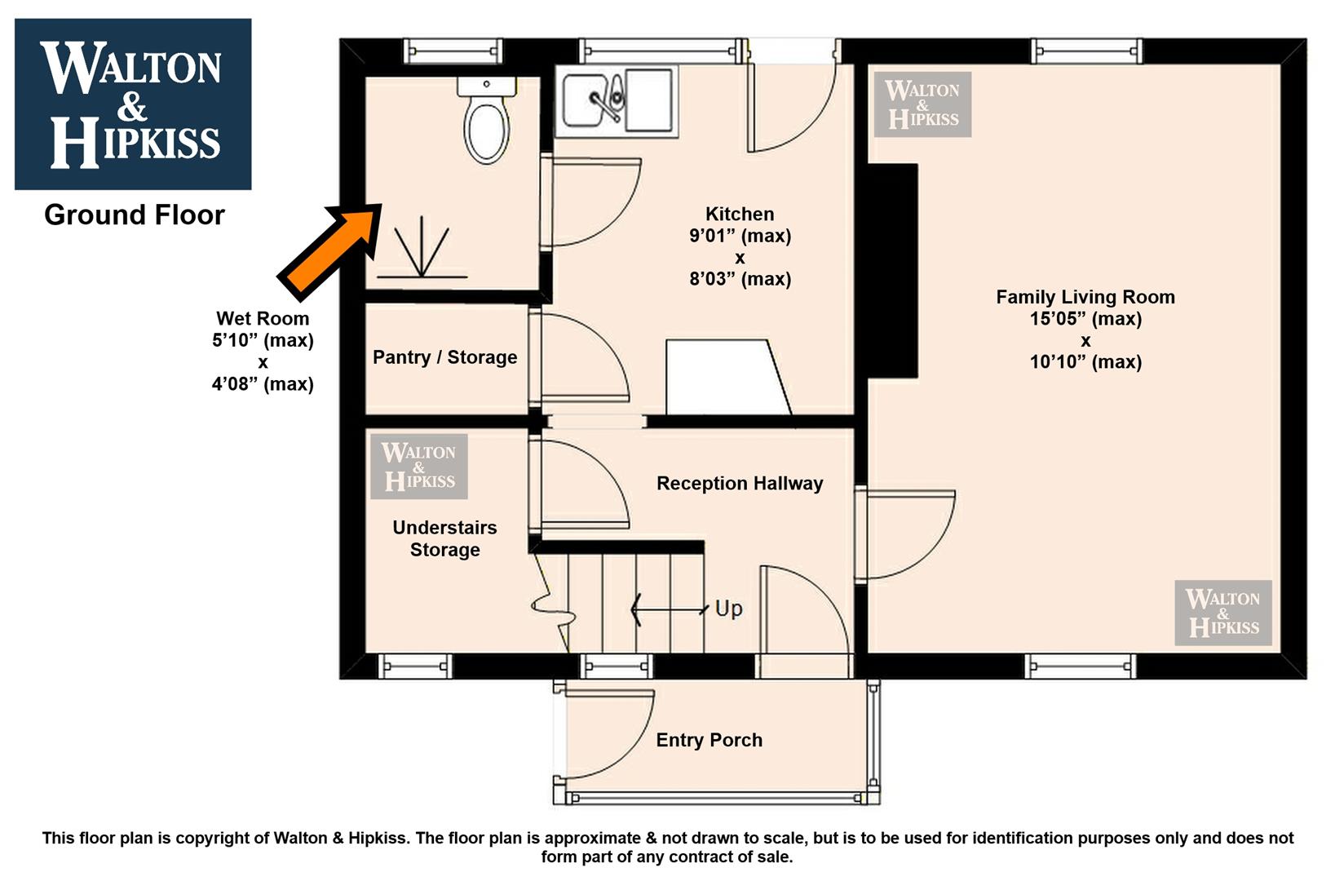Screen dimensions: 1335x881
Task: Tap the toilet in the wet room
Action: click(487, 120)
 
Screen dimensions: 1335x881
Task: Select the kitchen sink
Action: click(617, 101)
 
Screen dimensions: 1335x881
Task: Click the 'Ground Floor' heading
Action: click(134, 215)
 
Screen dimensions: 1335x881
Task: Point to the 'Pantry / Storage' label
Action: click(444, 357)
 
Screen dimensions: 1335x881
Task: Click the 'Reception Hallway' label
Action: click(740, 484)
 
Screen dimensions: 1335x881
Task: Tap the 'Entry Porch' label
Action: click(709, 741)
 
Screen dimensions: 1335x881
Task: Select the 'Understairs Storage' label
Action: click(444, 539)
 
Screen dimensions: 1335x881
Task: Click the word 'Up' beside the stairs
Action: click(728, 609)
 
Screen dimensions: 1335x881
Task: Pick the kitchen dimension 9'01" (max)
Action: click(740, 236)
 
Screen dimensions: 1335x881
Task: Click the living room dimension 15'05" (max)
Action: click(1085, 319)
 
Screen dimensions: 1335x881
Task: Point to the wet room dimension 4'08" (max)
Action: click(263, 384)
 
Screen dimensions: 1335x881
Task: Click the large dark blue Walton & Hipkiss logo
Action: click(133, 104)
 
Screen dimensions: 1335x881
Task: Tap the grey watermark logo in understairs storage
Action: click(419, 467)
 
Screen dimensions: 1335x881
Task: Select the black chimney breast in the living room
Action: click(892, 271)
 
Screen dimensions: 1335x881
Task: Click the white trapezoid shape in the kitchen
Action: click(728, 378)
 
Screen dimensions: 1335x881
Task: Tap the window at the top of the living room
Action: click(1087, 51)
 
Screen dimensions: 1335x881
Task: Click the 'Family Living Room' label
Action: click(1085, 298)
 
